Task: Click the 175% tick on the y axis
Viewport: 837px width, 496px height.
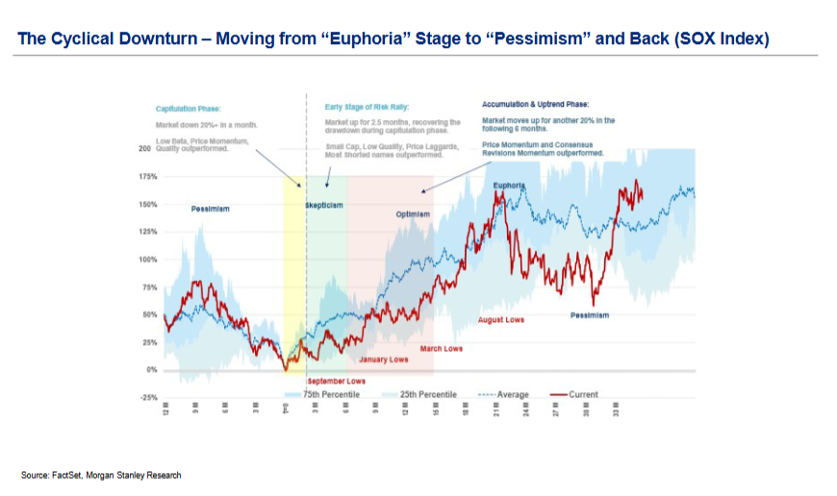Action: pyautogui.click(x=148, y=178)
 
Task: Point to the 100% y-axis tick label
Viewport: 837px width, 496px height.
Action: pyautogui.click(x=148, y=260)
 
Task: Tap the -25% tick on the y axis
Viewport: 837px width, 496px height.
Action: pyautogui.click(x=148, y=396)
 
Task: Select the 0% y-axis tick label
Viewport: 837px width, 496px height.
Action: pyautogui.click(x=152, y=369)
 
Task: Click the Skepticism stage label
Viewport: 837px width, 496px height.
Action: pyautogui.click(x=324, y=206)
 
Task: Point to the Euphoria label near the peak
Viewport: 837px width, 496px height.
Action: pyautogui.click(x=509, y=186)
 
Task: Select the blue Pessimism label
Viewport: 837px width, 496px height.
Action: pyautogui.click(x=209, y=208)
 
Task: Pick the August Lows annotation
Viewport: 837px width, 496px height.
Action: pyautogui.click(x=501, y=319)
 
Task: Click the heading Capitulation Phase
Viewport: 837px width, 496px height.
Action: pyautogui.click(x=189, y=109)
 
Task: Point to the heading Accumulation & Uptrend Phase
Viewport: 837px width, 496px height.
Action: pyautogui.click(x=536, y=103)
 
